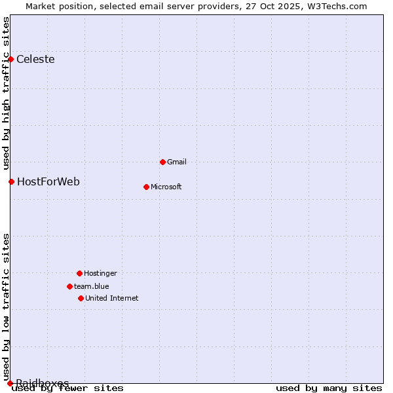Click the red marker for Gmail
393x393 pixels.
point(162,162)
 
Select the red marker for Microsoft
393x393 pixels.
point(146,187)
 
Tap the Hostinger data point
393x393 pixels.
point(79,273)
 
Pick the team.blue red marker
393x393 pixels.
point(69,286)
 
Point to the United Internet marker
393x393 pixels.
point(81,298)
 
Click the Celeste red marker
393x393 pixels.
point(10,60)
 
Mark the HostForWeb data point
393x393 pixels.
point(11,181)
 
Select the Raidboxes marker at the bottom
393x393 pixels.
point(10,383)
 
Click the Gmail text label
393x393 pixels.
point(177,162)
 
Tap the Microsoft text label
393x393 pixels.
point(166,187)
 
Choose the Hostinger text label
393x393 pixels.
point(100,273)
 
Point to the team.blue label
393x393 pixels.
point(92,286)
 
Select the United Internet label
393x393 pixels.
point(112,298)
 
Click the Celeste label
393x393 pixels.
point(35,60)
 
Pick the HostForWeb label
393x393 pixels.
point(48,181)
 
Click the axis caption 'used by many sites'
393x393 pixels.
point(329,388)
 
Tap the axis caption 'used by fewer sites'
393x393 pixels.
point(68,388)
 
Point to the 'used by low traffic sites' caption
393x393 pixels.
point(7,307)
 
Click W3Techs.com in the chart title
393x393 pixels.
point(337,6)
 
